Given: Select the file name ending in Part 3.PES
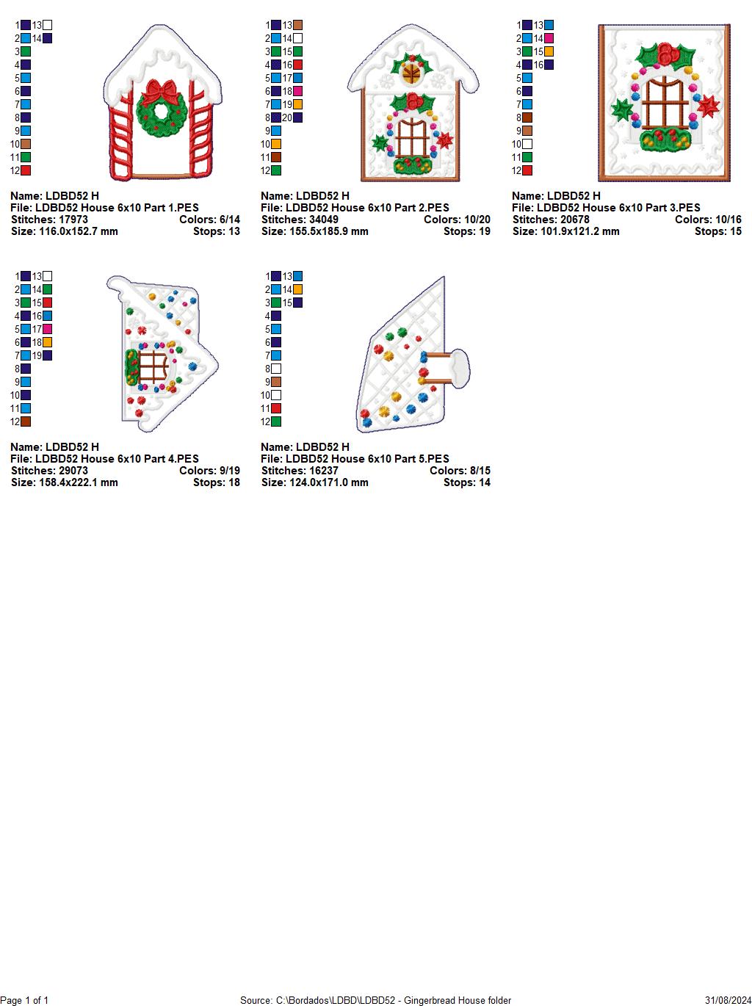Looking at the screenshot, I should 606,208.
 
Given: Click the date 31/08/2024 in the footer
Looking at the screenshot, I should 728,1000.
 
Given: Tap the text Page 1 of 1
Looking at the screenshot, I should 24,1000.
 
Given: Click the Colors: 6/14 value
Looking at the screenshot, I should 209,220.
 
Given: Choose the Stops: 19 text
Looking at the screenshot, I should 466,231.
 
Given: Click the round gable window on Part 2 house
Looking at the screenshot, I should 411,73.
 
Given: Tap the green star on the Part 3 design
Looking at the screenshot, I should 623,110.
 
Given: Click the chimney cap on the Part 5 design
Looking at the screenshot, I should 459,367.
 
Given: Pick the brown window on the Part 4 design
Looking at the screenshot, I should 153,366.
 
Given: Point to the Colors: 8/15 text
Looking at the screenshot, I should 460,471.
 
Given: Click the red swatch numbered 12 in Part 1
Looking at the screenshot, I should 26,170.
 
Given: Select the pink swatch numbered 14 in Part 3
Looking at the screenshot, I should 549,38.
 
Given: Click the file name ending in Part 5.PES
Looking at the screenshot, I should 355,459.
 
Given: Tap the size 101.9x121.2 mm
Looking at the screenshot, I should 565,231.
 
